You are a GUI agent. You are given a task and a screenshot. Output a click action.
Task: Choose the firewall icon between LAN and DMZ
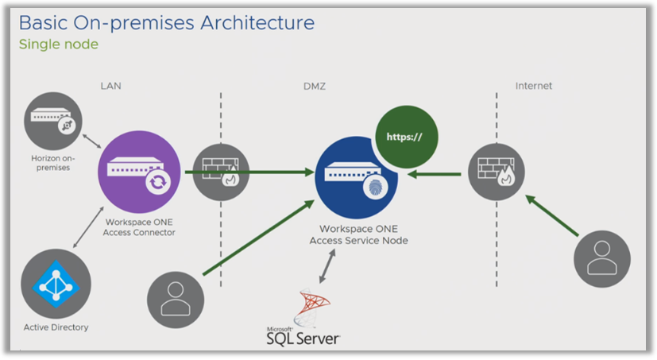click(x=221, y=172)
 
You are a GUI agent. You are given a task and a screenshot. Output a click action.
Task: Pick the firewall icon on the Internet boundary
click(x=496, y=172)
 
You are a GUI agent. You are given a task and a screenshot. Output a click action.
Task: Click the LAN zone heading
click(x=111, y=85)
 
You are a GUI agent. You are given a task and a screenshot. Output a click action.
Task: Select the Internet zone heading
click(x=533, y=85)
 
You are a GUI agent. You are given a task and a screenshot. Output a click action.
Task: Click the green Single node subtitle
click(x=59, y=45)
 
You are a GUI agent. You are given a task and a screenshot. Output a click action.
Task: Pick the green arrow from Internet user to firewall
click(x=554, y=216)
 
